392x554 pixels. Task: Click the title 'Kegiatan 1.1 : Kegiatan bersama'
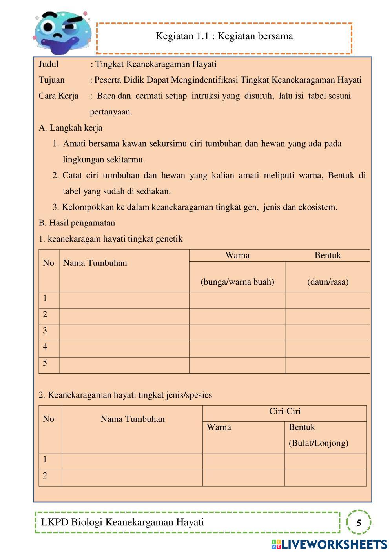(224, 36)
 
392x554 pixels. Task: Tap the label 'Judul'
(49, 64)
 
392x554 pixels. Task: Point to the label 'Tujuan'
(51, 80)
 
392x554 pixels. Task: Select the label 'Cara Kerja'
(58, 96)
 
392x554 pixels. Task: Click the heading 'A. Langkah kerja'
(71, 128)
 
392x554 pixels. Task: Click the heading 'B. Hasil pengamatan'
(77, 223)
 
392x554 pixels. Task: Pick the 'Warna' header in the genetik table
(237, 255)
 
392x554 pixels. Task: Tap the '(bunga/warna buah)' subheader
(237, 282)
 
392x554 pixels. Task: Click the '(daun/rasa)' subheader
(328, 282)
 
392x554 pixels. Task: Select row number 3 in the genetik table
(45, 331)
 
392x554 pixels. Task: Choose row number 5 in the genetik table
(45, 363)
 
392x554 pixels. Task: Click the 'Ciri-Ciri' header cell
(284, 411)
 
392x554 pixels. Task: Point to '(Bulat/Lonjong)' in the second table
(319, 443)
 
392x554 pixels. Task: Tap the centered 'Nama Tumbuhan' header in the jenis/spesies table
(132, 419)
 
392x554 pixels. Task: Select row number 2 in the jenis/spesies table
(45, 476)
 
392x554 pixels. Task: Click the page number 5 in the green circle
(359, 523)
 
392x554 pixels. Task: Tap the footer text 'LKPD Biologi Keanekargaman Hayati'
(123, 522)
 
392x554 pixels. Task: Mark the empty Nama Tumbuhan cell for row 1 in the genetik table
(124, 301)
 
